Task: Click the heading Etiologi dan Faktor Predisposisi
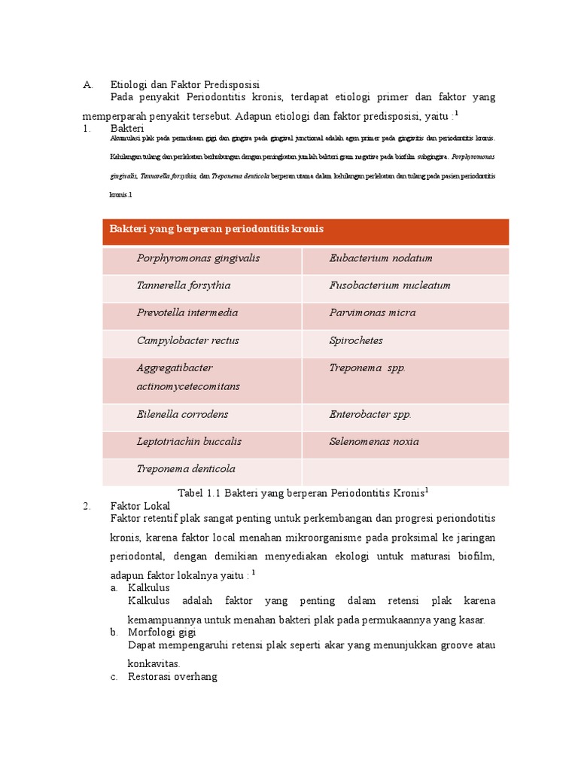pyautogui.click(x=184, y=84)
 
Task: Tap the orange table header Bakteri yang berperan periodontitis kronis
pyautogui.click(x=217, y=229)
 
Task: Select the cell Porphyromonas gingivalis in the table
pyautogui.click(x=198, y=258)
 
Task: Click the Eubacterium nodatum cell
pyautogui.click(x=380, y=258)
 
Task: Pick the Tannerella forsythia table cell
pyautogui.click(x=184, y=285)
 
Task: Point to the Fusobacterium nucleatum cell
pyautogui.click(x=389, y=285)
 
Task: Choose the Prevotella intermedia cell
pyautogui.click(x=187, y=312)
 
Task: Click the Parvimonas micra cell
pyautogui.click(x=372, y=312)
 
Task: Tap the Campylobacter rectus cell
pyautogui.click(x=187, y=340)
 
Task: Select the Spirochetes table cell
pyautogui.click(x=356, y=340)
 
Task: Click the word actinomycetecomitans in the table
pyautogui.click(x=188, y=386)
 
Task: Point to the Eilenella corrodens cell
pyautogui.click(x=182, y=414)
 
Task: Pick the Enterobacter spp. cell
pyautogui.click(x=370, y=414)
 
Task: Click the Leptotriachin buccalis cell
pyautogui.click(x=189, y=441)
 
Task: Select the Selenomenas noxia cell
pyautogui.click(x=374, y=441)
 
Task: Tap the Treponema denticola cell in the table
pyautogui.click(x=186, y=468)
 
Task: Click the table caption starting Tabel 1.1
pyautogui.click(x=303, y=492)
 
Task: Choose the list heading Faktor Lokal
pyautogui.click(x=141, y=506)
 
